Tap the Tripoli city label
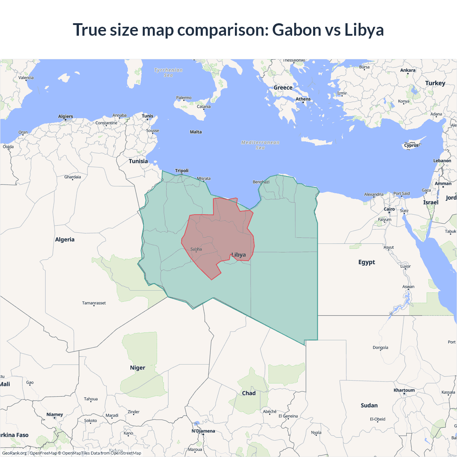(x=182, y=171)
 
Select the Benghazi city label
(x=261, y=182)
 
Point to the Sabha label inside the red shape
(x=196, y=249)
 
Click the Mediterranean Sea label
(x=260, y=145)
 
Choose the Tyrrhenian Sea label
(x=168, y=72)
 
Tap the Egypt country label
(x=367, y=262)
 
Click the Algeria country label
(x=65, y=240)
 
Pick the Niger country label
(x=137, y=368)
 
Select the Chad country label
(x=249, y=393)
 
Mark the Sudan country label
(x=369, y=405)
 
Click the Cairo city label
(x=389, y=209)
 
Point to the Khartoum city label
(x=404, y=390)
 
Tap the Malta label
(x=196, y=132)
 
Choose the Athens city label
(x=303, y=99)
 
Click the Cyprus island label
(x=411, y=145)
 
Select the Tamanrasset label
(x=94, y=303)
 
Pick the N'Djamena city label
(x=203, y=431)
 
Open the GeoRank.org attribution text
(x=14, y=453)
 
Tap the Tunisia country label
(x=138, y=161)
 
